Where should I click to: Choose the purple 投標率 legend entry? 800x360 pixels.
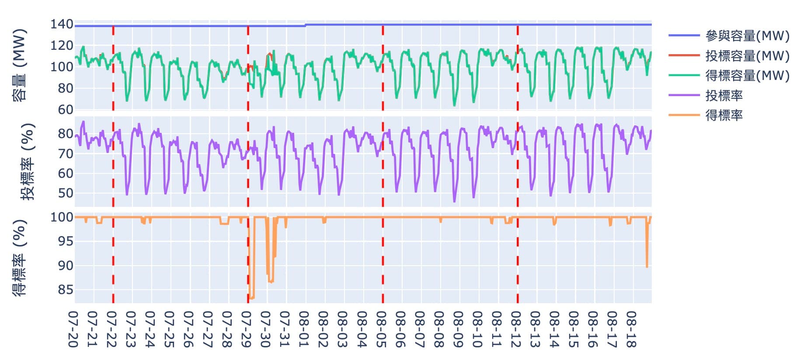[x=723, y=95]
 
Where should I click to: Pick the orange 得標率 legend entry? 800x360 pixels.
[x=723, y=115]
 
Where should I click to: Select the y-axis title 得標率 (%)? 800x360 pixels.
[x=20, y=258]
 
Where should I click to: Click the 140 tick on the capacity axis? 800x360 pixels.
[x=62, y=24]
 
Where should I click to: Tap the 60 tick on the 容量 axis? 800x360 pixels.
[x=66, y=110]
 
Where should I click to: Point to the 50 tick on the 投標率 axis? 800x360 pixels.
[x=66, y=193]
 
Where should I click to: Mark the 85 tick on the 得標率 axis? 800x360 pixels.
[x=66, y=290]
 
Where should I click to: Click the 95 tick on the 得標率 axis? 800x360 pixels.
[x=66, y=241]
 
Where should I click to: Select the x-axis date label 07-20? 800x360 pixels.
[x=73, y=329]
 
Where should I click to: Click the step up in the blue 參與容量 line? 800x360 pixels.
[x=306, y=25]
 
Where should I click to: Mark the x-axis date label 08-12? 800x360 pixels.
[x=517, y=329]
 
